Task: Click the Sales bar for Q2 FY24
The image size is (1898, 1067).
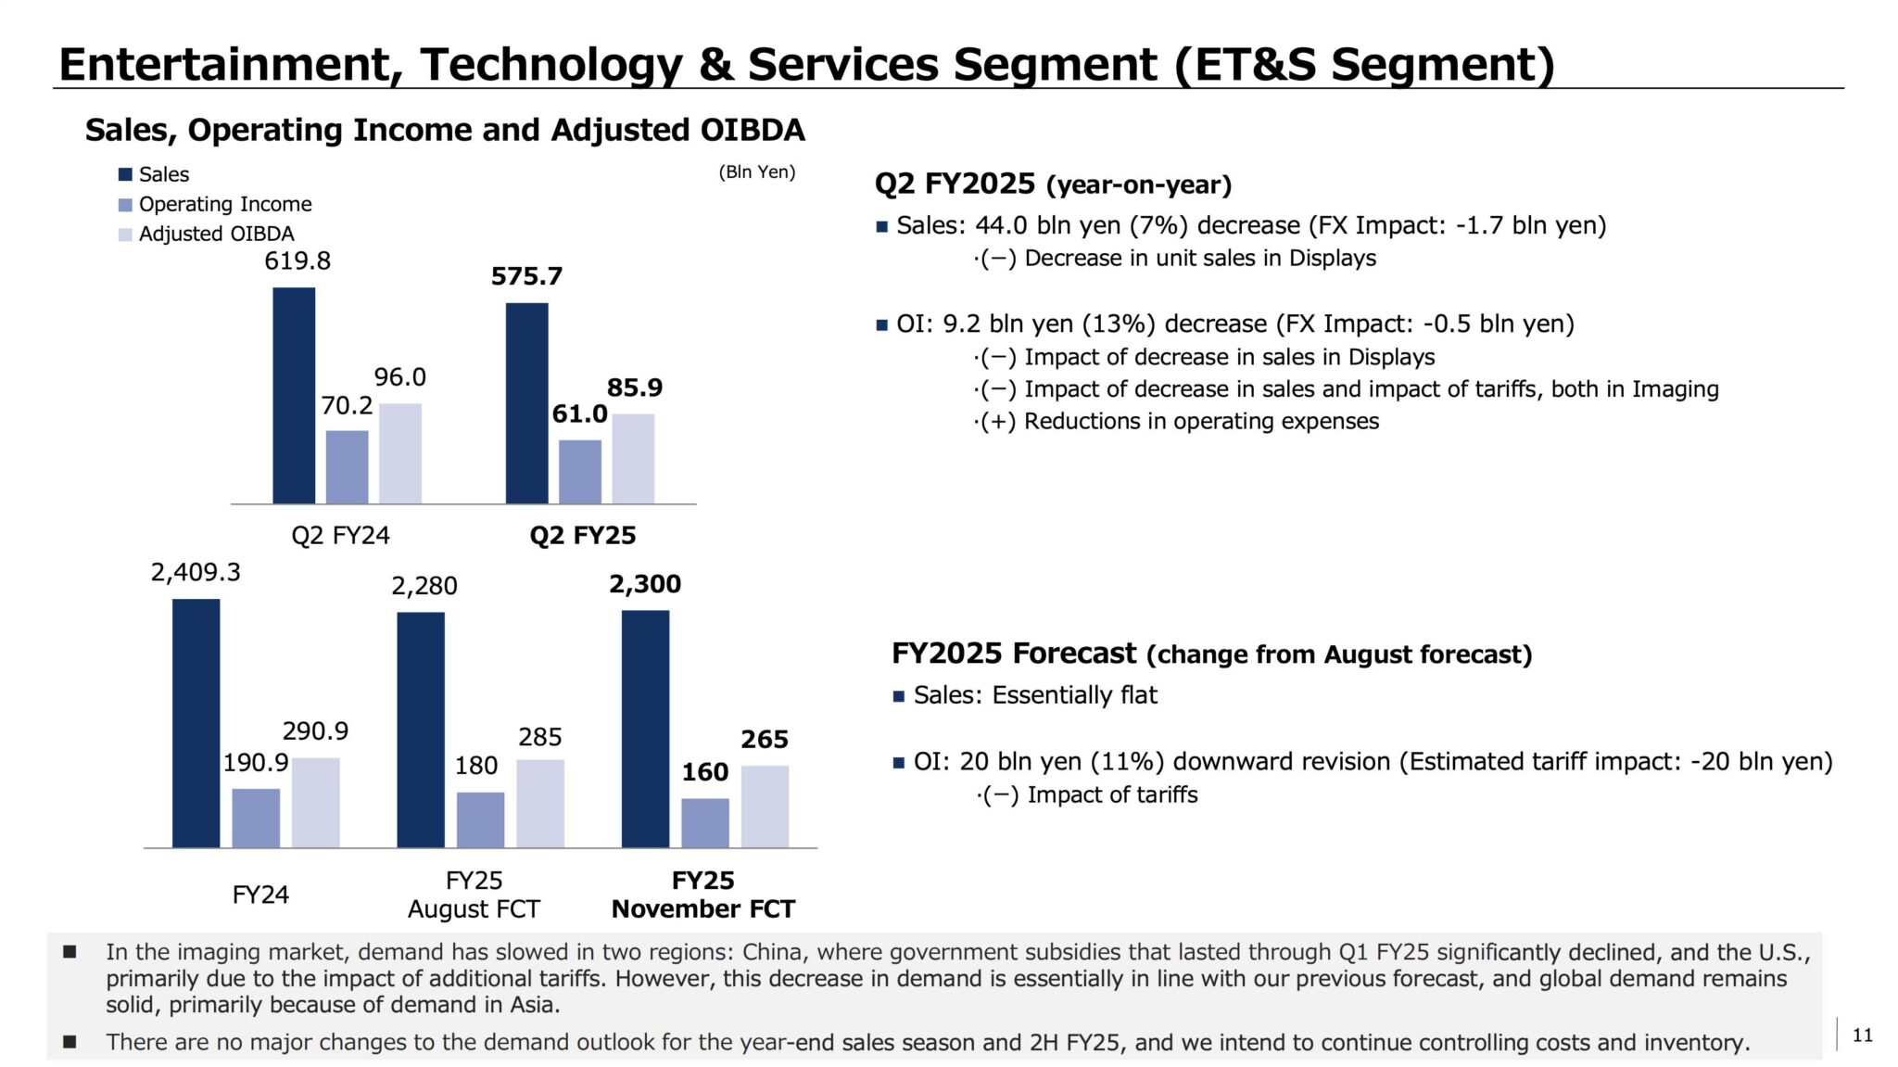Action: [x=294, y=396]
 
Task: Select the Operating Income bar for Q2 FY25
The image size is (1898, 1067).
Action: [x=580, y=472]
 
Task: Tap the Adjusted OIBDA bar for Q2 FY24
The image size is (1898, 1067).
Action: [x=400, y=453]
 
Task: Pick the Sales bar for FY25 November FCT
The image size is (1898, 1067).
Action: [x=645, y=729]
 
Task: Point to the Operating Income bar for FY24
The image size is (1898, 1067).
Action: [x=256, y=818]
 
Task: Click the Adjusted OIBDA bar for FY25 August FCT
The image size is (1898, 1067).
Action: [x=540, y=803]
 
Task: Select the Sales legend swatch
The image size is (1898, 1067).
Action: [x=126, y=174]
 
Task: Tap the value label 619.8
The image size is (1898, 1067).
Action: [x=297, y=260]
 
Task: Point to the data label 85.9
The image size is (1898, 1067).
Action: [x=635, y=387]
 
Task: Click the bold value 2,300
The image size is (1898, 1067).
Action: [x=645, y=584]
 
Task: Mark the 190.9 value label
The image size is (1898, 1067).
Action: [x=256, y=762]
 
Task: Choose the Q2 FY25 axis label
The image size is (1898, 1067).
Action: [x=583, y=535]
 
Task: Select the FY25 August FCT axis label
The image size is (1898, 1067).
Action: [x=474, y=894]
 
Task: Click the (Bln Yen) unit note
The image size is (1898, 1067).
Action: [x=757, y=171]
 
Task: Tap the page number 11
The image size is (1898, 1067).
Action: [x=1862, y=1035]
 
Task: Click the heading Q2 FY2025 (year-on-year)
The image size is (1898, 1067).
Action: [x=1053, y=184]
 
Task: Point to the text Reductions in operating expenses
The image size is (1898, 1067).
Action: [x=1201, y=421]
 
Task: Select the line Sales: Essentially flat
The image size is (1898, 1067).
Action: [x=1035, y=695]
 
